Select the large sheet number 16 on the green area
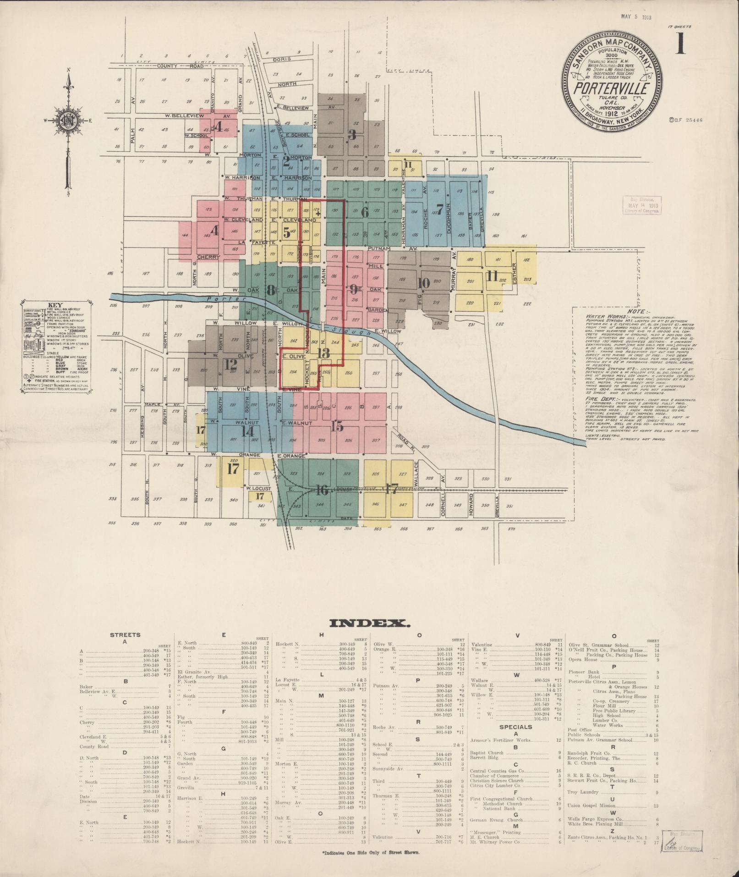322,490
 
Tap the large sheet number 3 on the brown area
352,134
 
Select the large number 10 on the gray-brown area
424,283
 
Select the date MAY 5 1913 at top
636,17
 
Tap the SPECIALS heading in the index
515,739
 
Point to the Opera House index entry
582,660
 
